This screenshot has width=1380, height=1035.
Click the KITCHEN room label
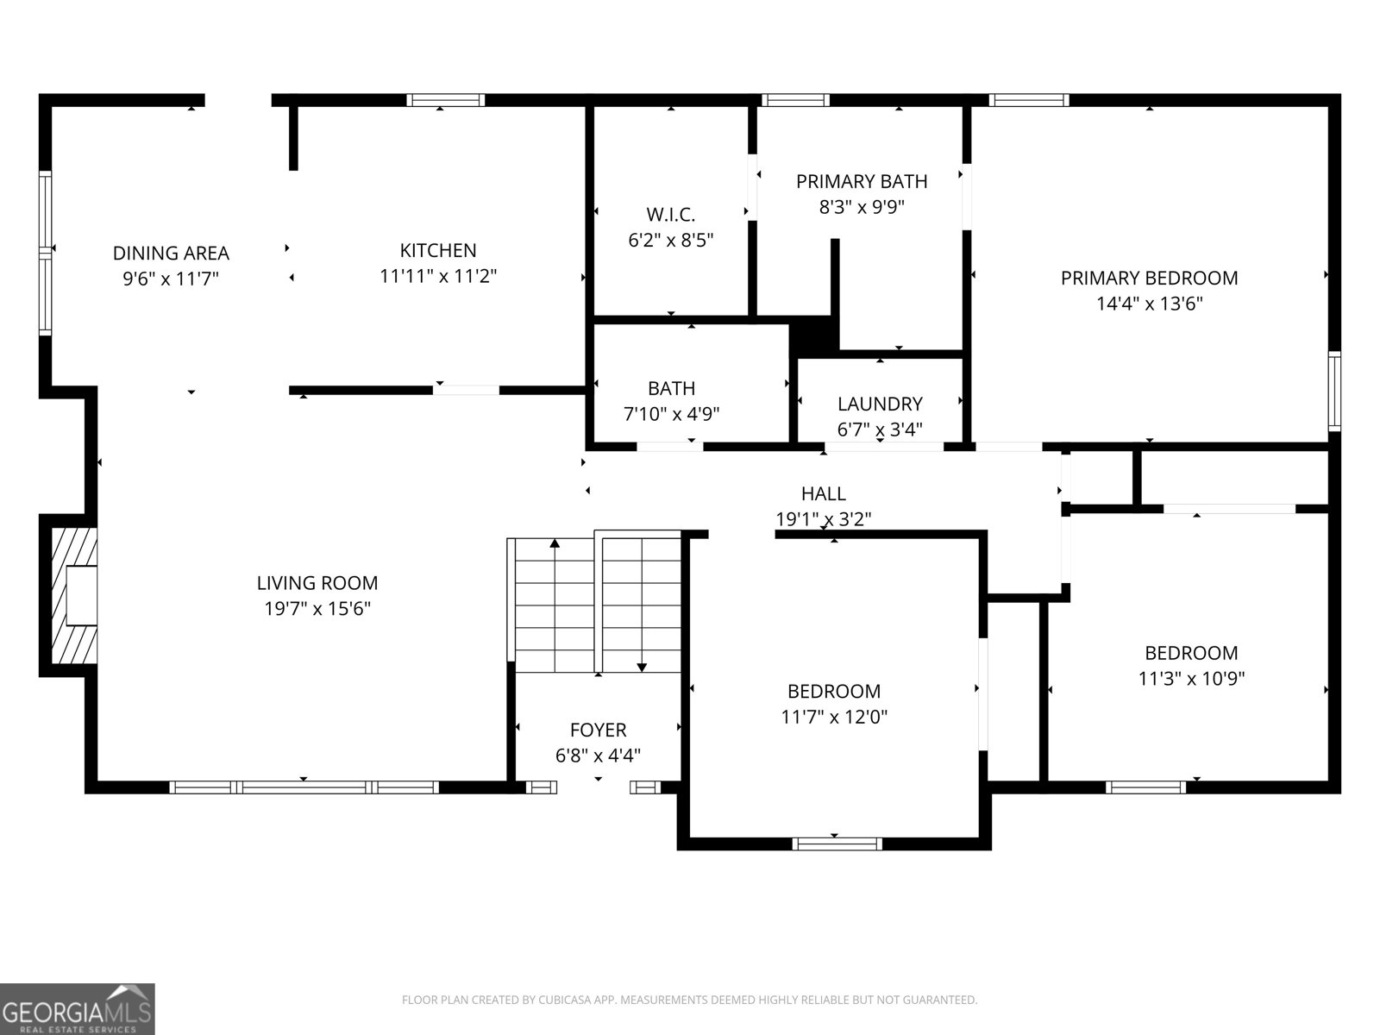[438, 250]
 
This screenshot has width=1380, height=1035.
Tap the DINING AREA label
[171, 253]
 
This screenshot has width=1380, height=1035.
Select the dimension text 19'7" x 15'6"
[317, 609]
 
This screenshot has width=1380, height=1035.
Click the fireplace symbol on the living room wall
[74, 595]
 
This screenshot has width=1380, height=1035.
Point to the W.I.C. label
[670, 214]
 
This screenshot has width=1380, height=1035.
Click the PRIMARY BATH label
[861, 181]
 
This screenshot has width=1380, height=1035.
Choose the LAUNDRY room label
[880, 404]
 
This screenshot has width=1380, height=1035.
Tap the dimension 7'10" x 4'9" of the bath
[671, 414]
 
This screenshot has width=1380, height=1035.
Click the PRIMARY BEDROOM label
[1149, 278]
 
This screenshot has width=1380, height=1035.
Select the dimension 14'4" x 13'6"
[1149, 304]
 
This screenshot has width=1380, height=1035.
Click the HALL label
[823, 493]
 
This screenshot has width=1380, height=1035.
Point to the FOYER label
[598, 731]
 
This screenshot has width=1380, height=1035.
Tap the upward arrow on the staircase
[555, 544]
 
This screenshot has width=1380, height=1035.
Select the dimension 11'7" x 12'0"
[833, 717]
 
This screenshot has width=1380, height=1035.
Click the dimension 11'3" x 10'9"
[1190, 679]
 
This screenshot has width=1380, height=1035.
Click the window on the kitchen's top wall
[445, 100]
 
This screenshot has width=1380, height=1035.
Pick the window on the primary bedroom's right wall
[1333, 391]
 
